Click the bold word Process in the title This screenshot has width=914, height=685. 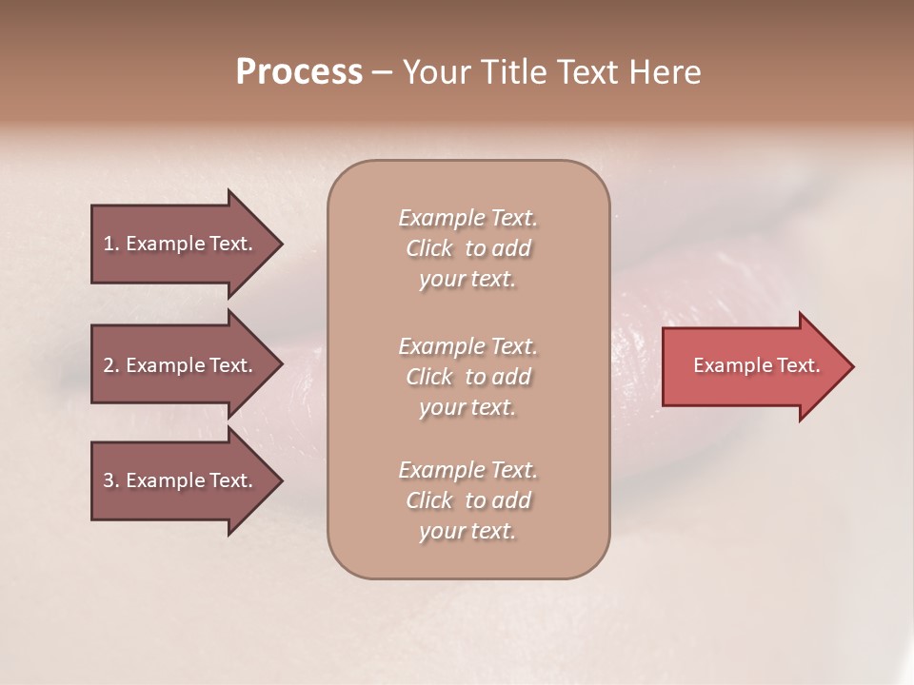pos(299,72)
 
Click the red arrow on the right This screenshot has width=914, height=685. pos(752,365)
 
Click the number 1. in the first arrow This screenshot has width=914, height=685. pos(111,244)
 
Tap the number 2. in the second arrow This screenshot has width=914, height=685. pos(111,365)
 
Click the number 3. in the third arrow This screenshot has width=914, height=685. pos(111,480)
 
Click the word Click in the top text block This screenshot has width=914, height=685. pos(429,248)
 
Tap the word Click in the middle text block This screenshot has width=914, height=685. pos(429,377)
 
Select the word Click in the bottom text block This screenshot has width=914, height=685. pos(429,500)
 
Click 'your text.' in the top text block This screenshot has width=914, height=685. pos(467,280)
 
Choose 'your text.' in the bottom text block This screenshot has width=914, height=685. pos(467,532)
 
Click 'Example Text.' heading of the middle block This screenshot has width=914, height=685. pos(467,345)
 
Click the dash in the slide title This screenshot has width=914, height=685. pos(383,73)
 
